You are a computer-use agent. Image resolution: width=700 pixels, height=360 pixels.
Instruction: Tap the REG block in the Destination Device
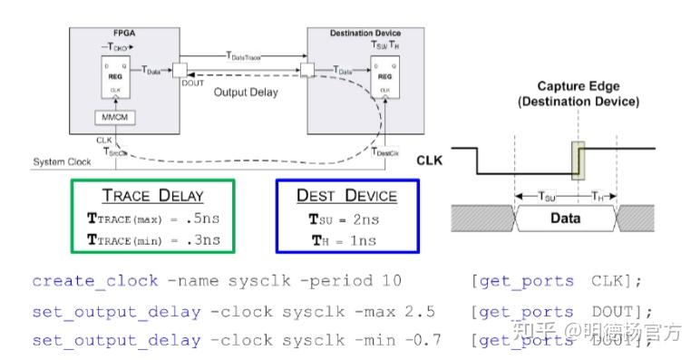pos(384,75)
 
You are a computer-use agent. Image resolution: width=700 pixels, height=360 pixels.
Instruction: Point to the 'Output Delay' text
pos(245,92)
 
